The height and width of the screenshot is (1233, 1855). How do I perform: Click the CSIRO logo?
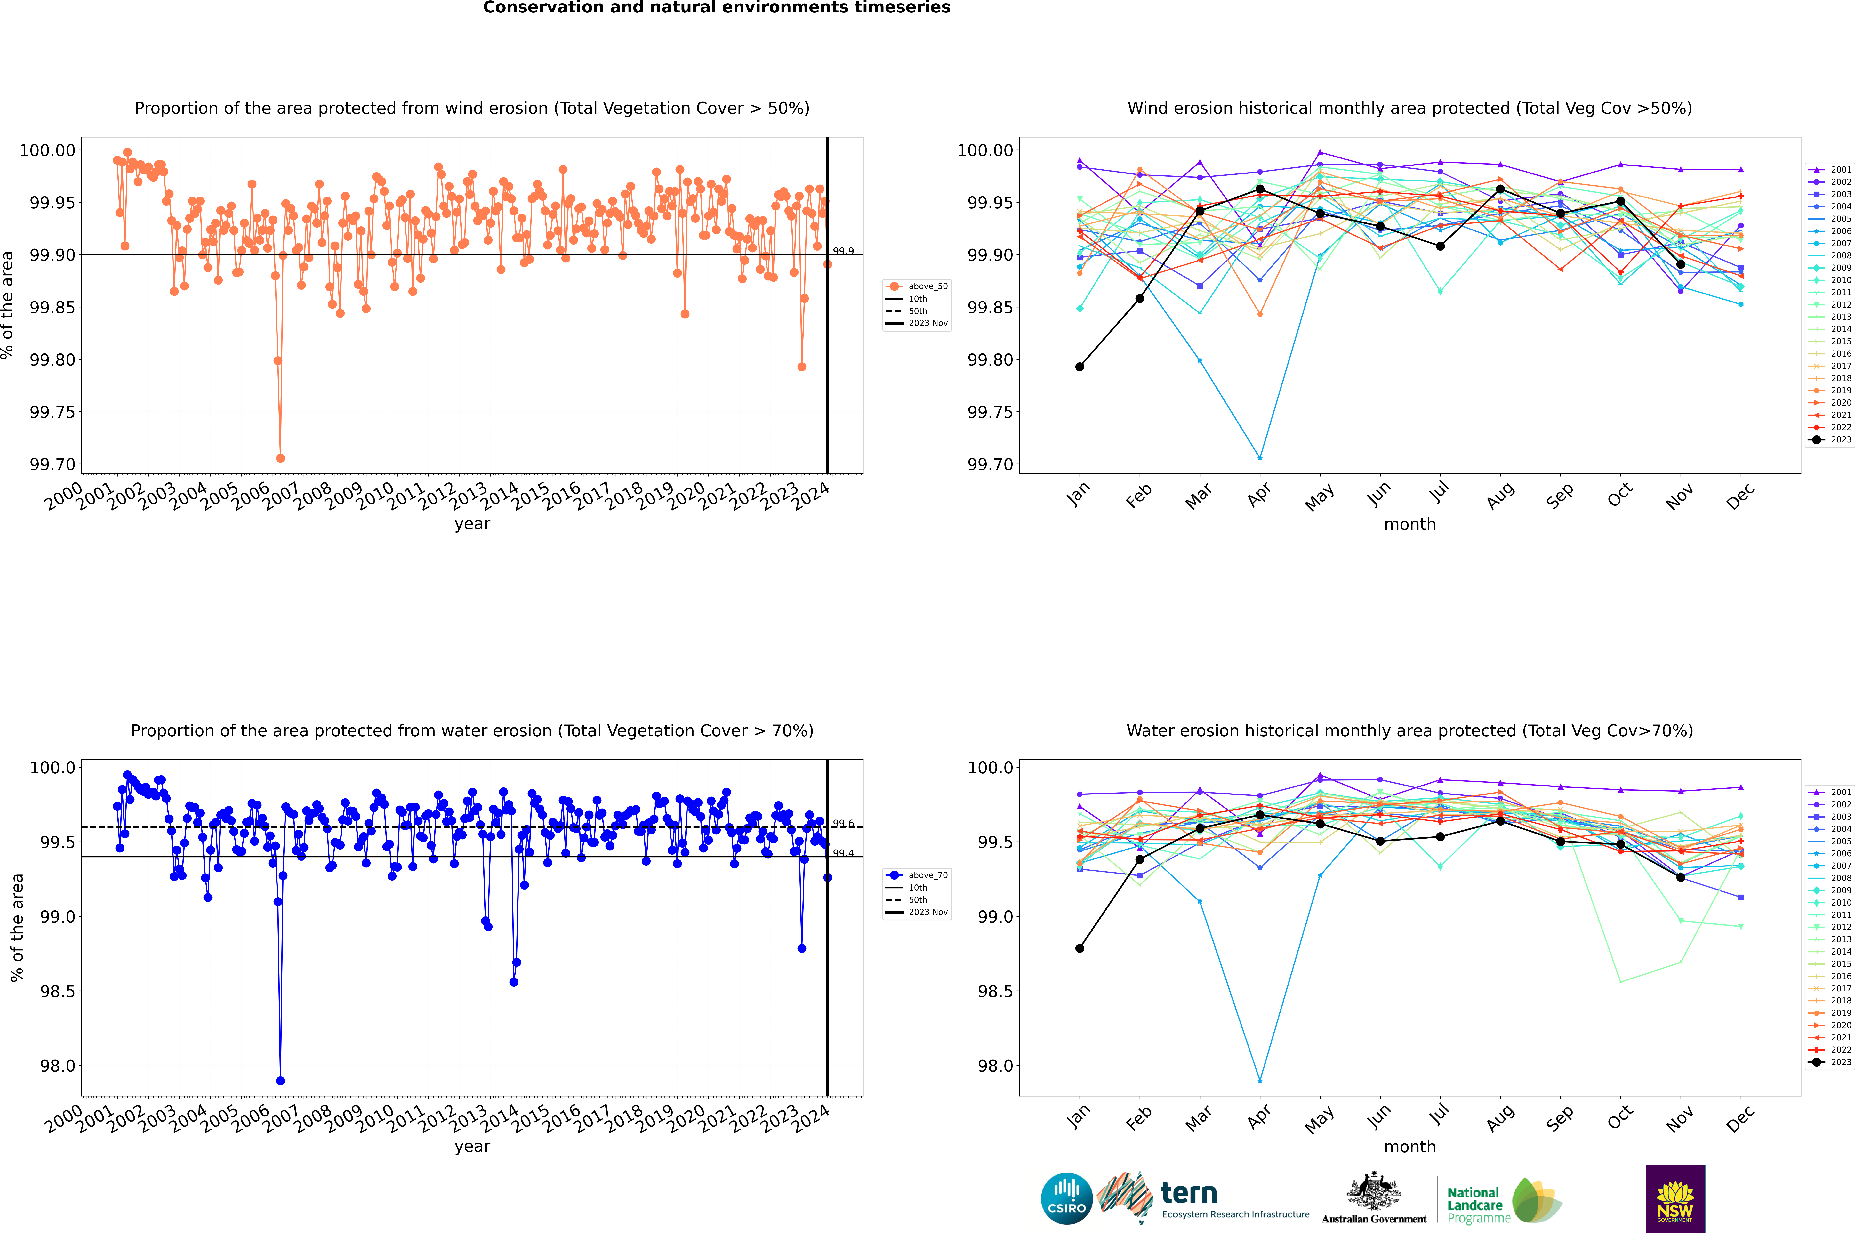coord(1066,1198)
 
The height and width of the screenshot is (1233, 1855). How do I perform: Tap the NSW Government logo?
coord(1675,1198)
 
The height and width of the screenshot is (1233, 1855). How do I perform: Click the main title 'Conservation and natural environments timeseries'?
coord(716,8)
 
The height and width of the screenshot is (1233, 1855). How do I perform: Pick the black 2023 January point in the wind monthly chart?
coord(1080,367)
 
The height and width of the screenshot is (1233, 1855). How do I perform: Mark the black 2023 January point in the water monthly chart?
coord(1080,948)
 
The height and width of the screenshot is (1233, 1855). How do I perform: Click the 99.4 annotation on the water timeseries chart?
coord(843,853)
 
